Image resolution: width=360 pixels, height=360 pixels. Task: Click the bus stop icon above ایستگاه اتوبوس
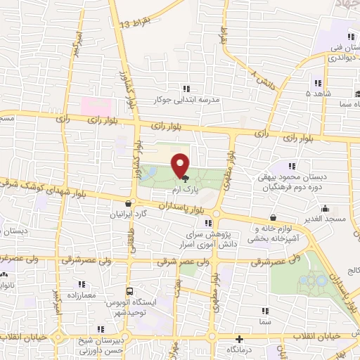129,291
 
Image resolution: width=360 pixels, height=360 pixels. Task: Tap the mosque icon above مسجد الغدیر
326,209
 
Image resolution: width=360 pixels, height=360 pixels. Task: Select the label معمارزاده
82,295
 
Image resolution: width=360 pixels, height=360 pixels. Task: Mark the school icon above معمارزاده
82,284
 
